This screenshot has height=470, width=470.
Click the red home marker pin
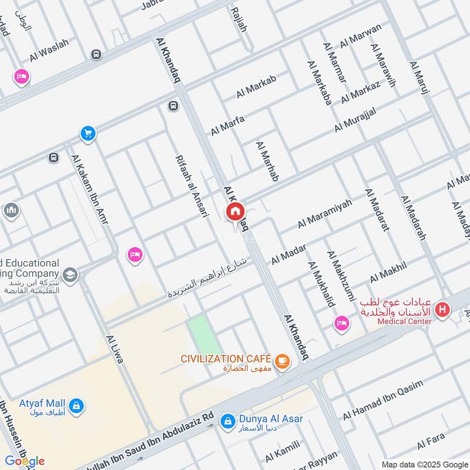point(235,212)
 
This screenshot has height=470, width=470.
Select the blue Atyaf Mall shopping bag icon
point(76,405)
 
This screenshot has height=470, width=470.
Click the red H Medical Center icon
point(442,309)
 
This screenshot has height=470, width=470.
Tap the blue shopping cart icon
point(88,135)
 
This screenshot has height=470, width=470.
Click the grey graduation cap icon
point(70,275)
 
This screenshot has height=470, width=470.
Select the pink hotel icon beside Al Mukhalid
point(341,323)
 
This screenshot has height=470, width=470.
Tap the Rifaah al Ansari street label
point(192,186)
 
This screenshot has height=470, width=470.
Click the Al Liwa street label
point(115,349)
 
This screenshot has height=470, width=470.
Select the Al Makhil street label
point(388,273)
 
